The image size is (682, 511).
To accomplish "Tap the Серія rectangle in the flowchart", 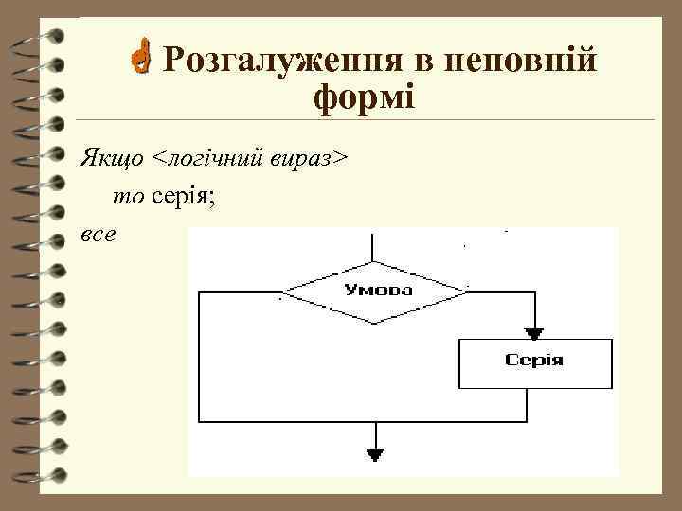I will click(535, 363).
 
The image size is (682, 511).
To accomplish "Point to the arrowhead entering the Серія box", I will click(535, 333).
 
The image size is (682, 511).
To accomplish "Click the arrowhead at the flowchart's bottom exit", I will click(376, 455).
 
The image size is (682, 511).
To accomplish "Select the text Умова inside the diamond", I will click(377, 290).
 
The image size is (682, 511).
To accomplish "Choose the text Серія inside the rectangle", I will click(535, 361).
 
